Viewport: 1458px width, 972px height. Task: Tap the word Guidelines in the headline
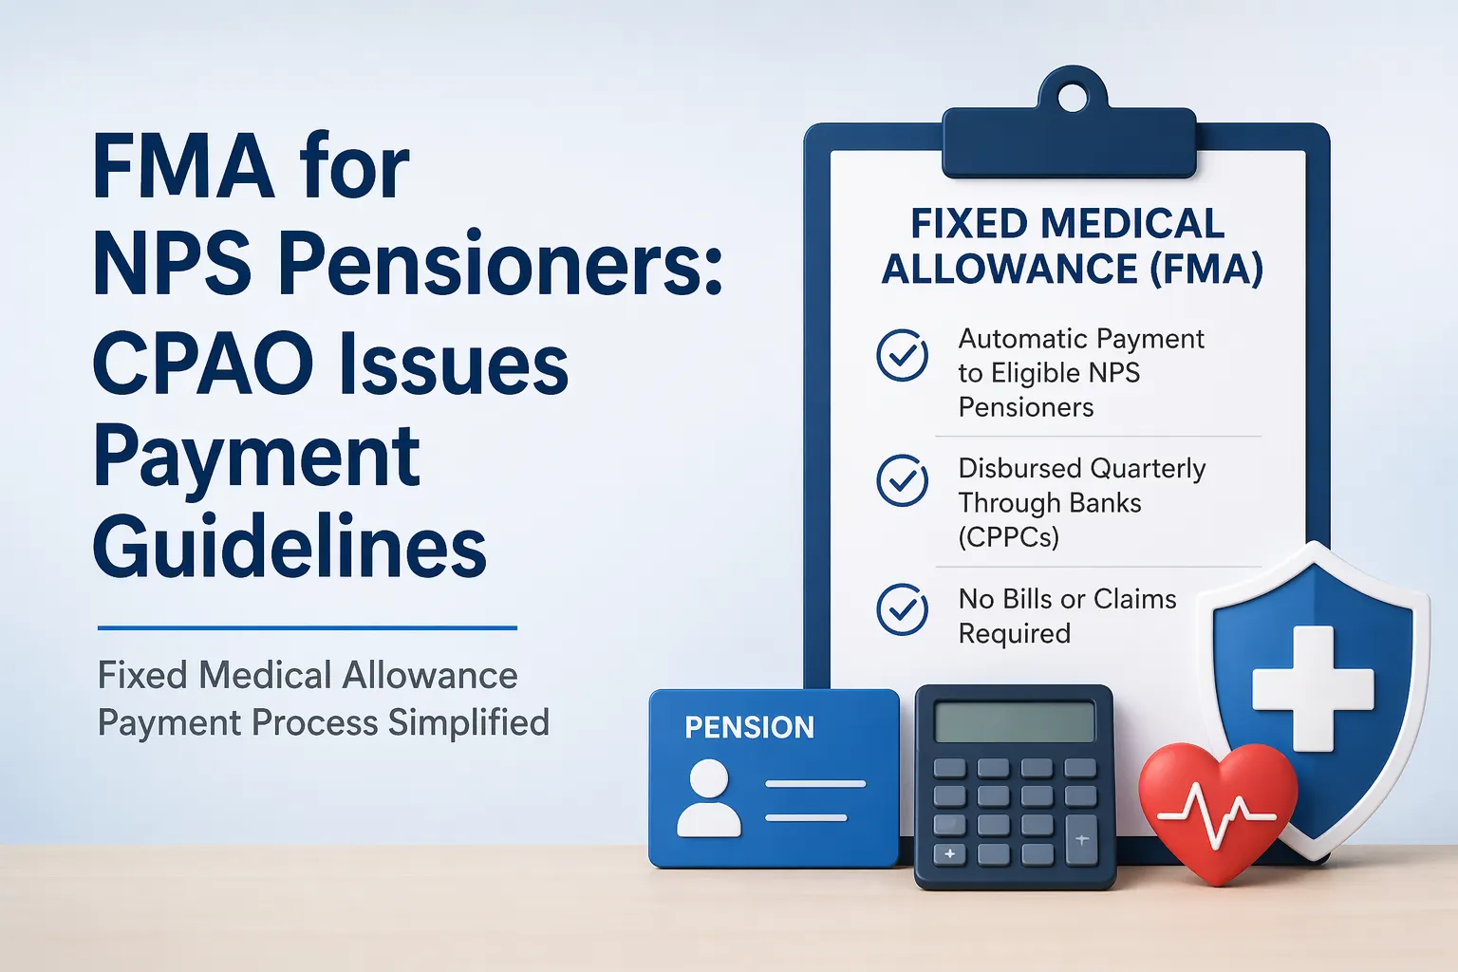tap(290, 548)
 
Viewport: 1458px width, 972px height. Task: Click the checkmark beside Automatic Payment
tap(902, 356)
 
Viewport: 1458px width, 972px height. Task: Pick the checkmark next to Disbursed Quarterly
tap(902, 480)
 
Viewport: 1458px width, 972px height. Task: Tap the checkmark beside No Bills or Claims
tap(902, 609)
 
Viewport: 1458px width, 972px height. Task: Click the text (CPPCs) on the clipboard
tap(1008, 537)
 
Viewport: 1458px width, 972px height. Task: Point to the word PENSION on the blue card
tap(749, 727)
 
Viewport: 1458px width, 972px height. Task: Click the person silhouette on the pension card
tap(709, 799)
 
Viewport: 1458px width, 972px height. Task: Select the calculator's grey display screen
tap(1014, 722)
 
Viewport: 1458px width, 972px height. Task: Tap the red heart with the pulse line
tap(1217, 809)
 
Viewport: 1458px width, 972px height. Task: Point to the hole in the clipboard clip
tap(1073, 97)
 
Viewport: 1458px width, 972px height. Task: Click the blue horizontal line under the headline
tap(307, 627)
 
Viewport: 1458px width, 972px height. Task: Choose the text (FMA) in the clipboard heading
tap(1206, 270)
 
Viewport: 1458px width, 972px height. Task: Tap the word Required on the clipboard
tap(1014, 633)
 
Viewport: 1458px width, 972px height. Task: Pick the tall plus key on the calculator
tap(1081, 840)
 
